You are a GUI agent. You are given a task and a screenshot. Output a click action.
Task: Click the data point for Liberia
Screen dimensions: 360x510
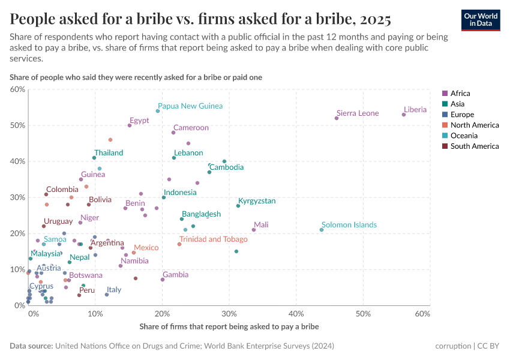click(404, 115)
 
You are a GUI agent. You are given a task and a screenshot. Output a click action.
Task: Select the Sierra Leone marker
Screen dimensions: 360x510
click(337, 118)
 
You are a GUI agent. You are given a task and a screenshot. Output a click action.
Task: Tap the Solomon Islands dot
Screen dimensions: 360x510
click(322, 230)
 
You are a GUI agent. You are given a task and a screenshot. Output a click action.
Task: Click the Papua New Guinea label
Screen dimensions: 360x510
click(190, 106)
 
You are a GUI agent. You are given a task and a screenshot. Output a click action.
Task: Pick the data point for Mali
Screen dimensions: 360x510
click(254, 230)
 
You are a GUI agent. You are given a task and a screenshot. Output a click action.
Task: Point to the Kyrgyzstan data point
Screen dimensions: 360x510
click(238, 206)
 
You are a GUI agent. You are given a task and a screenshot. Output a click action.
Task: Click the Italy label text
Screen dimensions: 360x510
click(114, 290)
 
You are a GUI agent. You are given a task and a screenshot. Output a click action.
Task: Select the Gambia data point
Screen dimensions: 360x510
click(163, 280)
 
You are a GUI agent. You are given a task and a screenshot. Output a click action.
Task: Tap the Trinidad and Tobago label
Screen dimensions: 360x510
click(213, 239)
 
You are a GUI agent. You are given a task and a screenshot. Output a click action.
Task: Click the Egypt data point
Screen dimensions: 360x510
click(130, 125)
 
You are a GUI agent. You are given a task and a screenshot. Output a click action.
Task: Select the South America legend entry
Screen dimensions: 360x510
click(473, 146)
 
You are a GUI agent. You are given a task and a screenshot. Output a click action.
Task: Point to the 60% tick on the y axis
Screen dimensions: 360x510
click(17, 89)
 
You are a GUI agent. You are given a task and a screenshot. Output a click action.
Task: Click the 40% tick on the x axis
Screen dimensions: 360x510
click(296, 314)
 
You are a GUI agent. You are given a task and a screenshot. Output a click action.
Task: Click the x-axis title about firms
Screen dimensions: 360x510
click(229, 327)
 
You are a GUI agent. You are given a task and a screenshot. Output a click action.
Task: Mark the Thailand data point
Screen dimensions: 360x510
click(94, 158)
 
